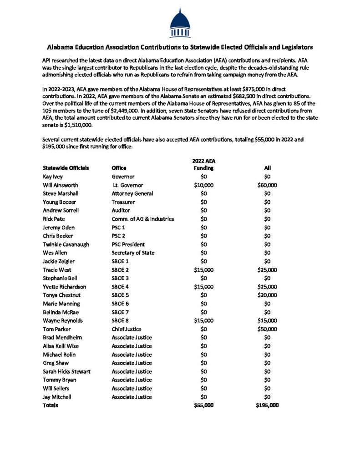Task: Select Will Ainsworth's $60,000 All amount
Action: [x=267, y=185]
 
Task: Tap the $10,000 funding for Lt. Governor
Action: [x=203, y=185]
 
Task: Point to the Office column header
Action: [x=119, y=168]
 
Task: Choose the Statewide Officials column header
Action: [x=66, y=168]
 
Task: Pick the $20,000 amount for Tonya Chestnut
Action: [x=267, y=295]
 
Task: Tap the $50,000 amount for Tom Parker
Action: [x=267, y=329]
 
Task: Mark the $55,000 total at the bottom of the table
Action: [x=203, y=405]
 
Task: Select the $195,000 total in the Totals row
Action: [x=267, y=405]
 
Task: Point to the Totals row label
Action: [x=51, y=405]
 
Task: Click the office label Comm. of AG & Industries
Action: [x=143, y=219]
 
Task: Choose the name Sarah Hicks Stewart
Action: [x=66, y=371]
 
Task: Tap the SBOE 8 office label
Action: [x=122, y=320]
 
